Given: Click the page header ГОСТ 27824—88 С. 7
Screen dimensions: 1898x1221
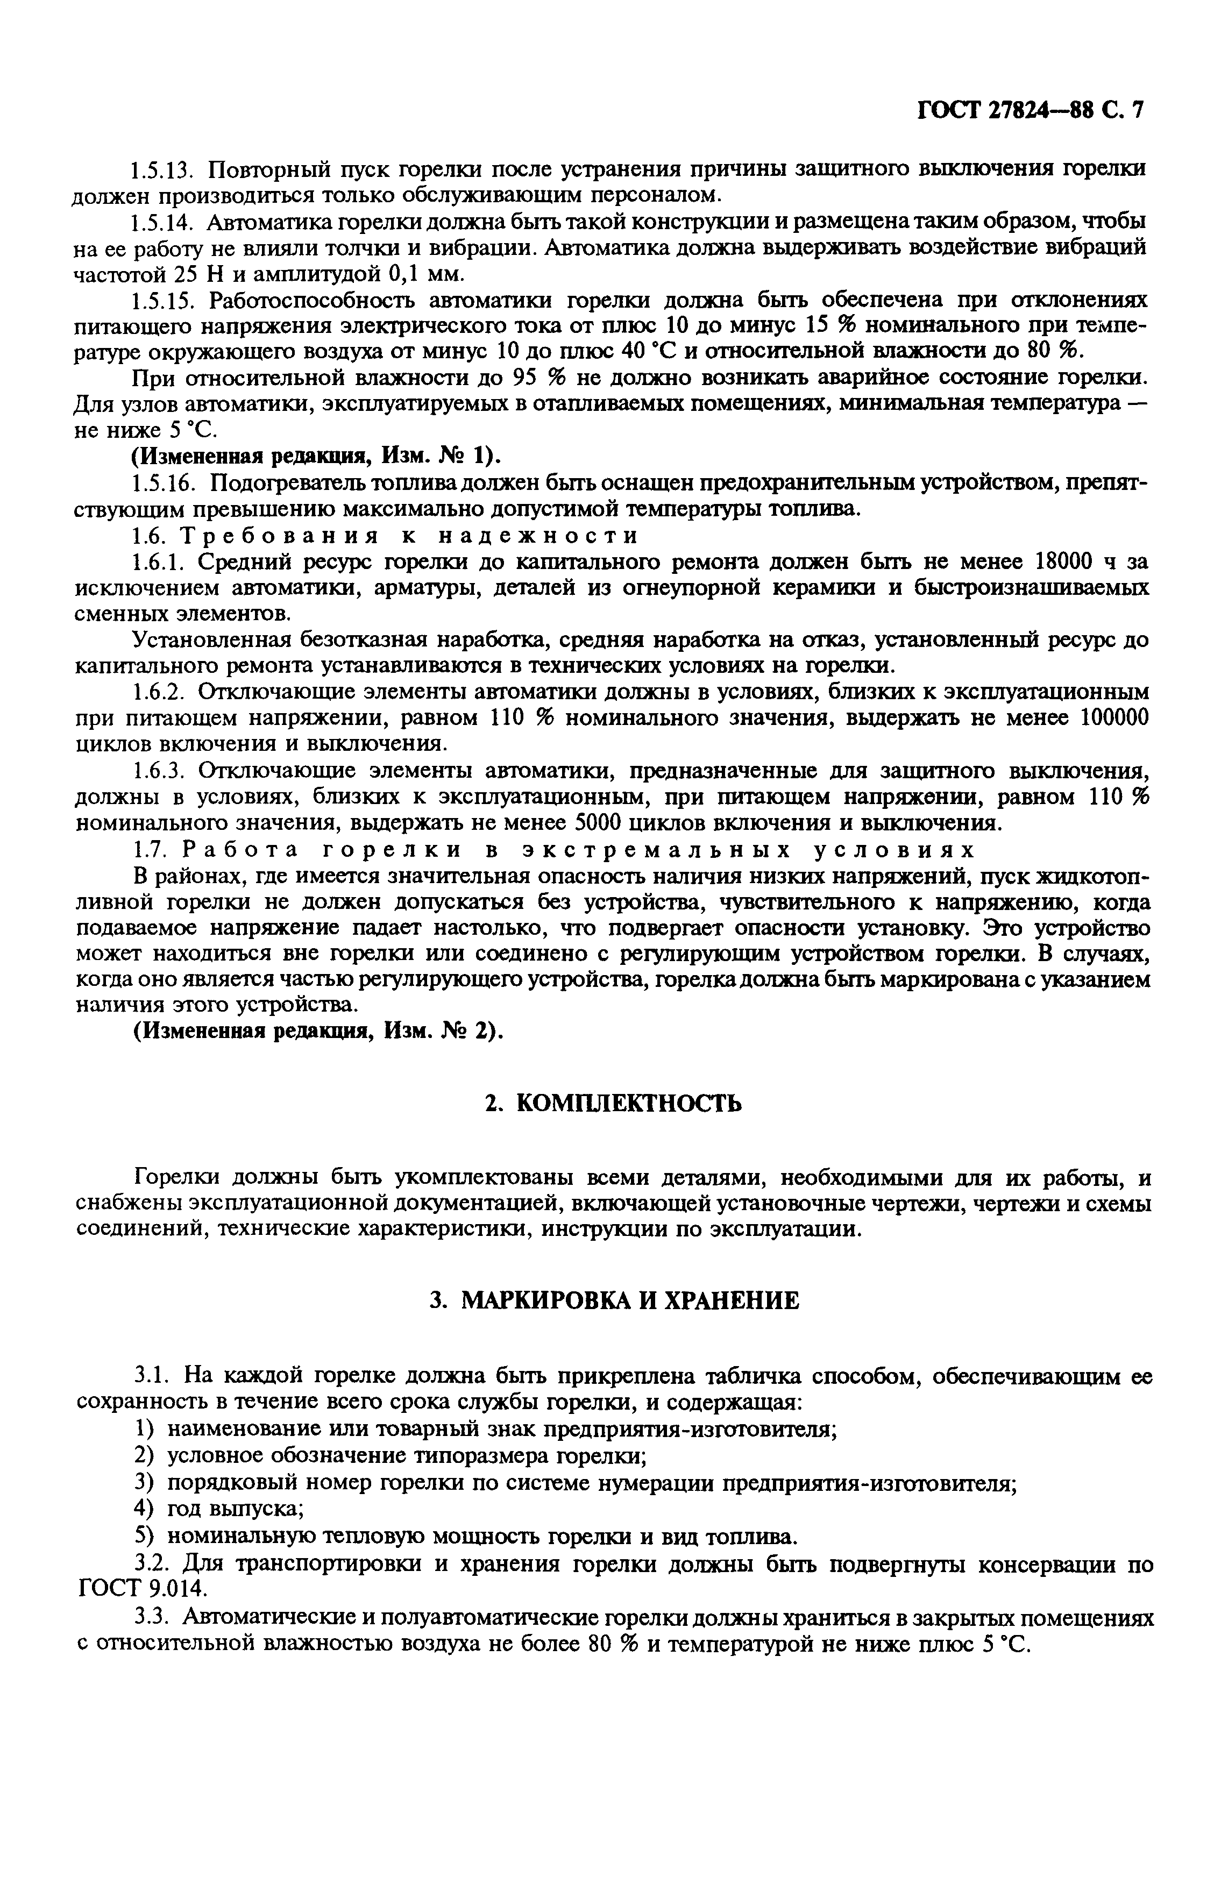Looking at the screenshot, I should [x=1030, y=109].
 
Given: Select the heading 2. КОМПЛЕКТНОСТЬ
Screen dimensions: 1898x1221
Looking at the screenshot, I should [x=614, y=1103].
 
